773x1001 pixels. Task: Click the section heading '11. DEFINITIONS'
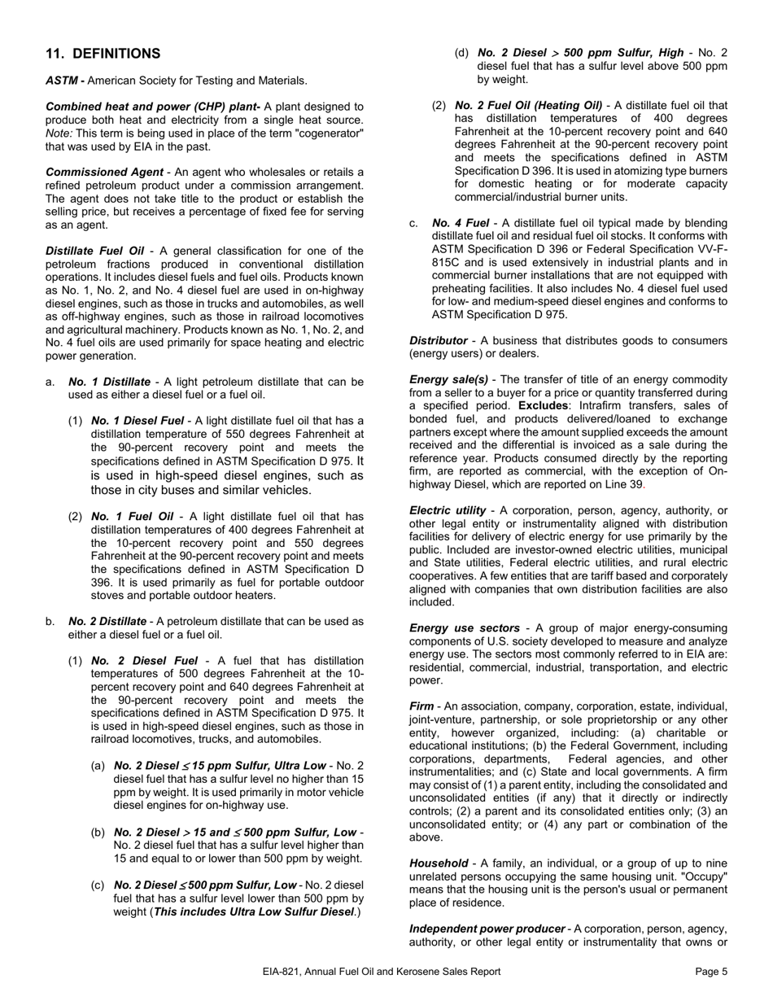point(103,54)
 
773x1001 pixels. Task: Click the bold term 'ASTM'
point(62,81)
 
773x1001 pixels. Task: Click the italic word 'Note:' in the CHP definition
point(59,133)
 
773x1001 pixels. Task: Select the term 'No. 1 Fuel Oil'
point(132,516)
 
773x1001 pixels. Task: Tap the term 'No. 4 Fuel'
point(461,223)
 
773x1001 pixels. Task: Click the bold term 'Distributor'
point(438,340)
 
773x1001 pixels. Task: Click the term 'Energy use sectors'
point(464,628)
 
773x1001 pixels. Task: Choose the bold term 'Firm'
point(421,706)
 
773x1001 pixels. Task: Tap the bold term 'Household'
point(439,863)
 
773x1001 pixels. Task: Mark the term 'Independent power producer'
point(487,929)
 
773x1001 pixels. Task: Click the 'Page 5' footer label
point(712,971)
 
